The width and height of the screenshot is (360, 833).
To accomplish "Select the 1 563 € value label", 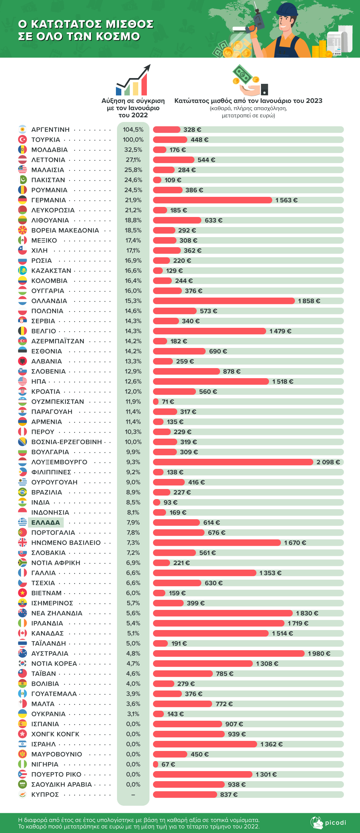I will tap(287, 200).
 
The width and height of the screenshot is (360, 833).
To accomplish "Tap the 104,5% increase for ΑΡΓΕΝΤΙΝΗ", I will tap(133, 130).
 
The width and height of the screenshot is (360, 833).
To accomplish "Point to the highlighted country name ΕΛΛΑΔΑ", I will tap(46, 522).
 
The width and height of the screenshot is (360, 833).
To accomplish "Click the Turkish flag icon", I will tap(22, 140).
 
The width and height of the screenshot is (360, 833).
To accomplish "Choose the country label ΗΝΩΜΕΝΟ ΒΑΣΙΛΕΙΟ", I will tap(66, 543).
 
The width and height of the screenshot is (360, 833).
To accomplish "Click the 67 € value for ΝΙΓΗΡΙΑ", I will tap(168, 764).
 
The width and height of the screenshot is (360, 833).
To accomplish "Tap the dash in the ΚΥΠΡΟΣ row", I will tap(133, 794).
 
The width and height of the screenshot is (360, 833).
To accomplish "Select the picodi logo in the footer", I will tap(328, 823).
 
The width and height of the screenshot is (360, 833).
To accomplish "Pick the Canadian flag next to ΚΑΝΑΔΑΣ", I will tap(22, 633).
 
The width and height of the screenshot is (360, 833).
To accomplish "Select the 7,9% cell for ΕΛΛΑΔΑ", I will tap(133, 522).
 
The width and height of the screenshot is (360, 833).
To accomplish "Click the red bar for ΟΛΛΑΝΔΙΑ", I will tap(224, 301).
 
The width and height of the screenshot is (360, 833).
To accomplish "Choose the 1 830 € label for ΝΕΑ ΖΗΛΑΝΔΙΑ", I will tap(307, 613).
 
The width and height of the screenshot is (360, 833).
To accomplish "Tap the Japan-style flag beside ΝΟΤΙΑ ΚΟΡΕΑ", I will tap(22, 664).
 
